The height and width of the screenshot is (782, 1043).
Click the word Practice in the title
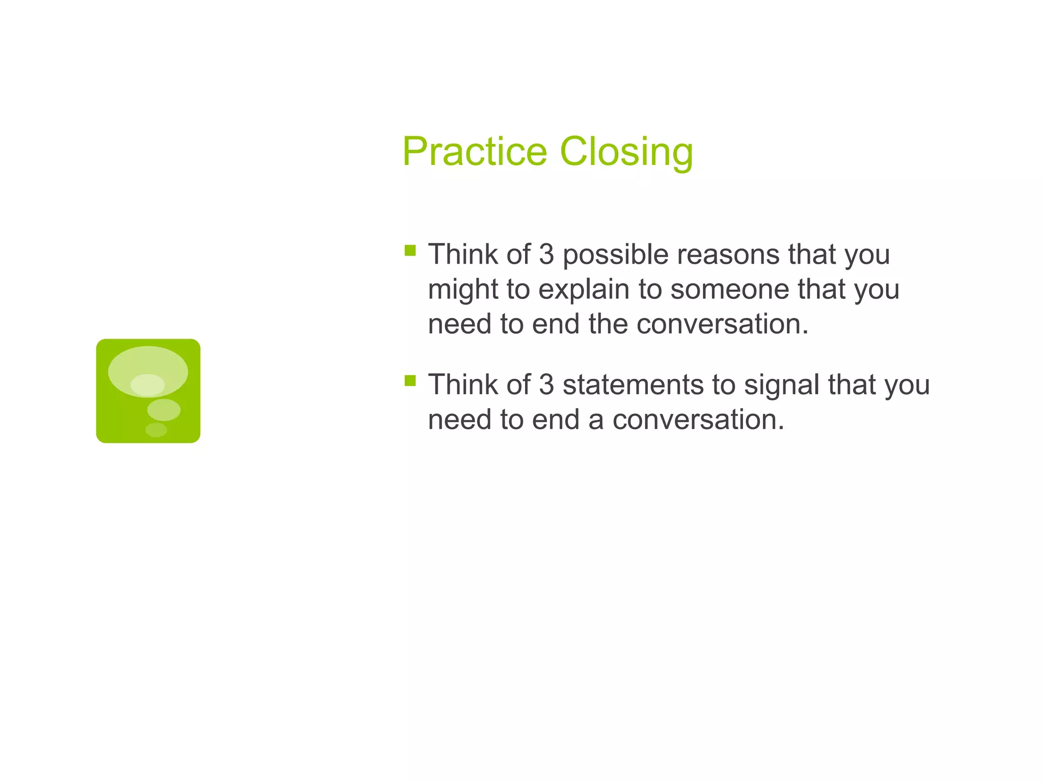pos(475,152)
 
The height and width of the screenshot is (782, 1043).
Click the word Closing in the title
pos(626,152)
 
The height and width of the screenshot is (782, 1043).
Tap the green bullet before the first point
pos(410,250)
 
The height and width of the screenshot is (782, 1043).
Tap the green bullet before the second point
pos(410,380)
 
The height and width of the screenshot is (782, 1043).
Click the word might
pos(462,290)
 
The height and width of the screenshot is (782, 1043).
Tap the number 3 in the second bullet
pos(546,384)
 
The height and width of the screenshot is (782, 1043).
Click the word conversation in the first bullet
pos(722,324)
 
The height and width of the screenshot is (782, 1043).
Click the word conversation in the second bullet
pos(698,420)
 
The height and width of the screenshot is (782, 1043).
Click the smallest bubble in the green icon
pos(156,430)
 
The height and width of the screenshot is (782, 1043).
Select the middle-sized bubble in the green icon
pos(163,410)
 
